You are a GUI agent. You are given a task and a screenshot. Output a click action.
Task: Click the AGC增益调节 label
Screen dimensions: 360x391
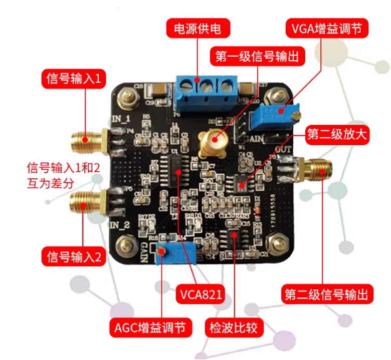150,328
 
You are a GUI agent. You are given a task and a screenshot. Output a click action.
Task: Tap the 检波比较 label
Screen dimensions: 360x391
234,328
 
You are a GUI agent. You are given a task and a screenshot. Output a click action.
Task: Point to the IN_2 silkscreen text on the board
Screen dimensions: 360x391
120,223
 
